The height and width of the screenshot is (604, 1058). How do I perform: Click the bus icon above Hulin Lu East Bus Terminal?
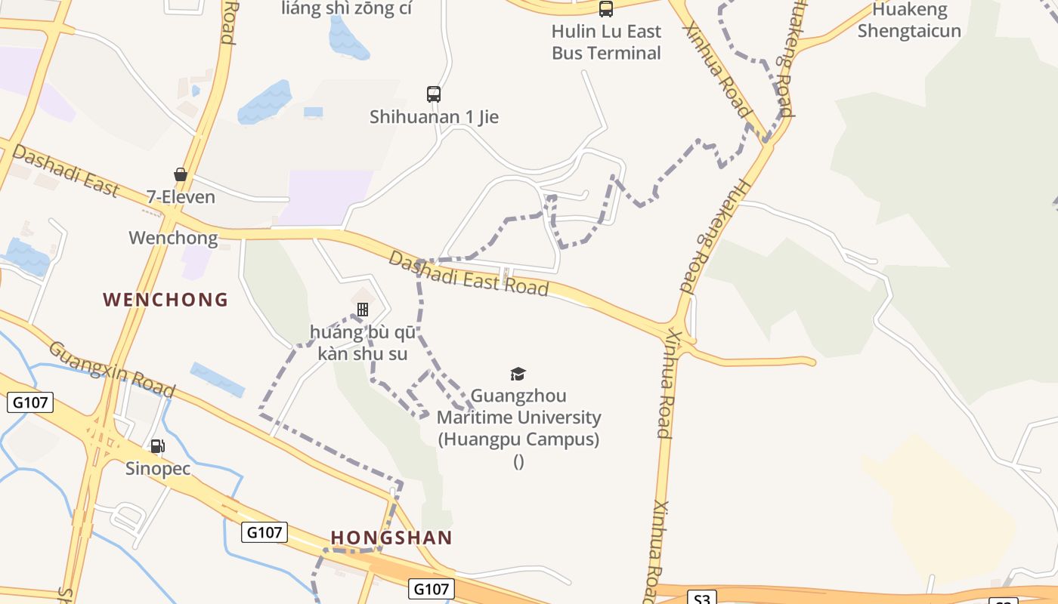606,9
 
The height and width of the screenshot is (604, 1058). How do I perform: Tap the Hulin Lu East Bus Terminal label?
606,42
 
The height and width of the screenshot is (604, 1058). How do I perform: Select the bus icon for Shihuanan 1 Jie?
434,94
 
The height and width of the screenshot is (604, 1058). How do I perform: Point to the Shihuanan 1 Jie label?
434,117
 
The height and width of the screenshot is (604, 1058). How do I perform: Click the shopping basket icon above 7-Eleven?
181,175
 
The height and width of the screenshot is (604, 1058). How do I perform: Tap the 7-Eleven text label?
181,197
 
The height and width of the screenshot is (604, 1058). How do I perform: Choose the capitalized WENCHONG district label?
166,300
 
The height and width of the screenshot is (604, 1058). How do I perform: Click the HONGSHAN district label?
391,538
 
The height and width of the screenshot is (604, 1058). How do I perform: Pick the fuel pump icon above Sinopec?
157,446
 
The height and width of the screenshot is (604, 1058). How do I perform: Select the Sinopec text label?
157,469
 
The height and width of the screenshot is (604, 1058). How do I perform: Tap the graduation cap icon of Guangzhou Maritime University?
518,374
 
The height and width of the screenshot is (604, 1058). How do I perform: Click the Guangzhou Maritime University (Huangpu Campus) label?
518,418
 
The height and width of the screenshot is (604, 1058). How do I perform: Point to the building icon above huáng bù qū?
363,310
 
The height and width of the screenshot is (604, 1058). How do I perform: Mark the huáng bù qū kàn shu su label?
363,343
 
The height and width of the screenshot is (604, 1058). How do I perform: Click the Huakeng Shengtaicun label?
909,20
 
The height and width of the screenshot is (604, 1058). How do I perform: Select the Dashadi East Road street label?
468,273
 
